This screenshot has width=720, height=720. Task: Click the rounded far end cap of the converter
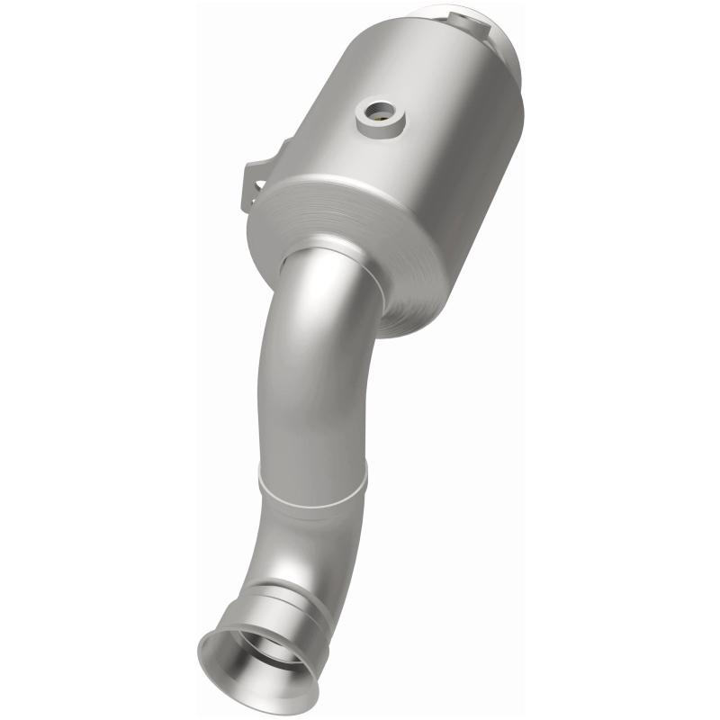coord(504,45)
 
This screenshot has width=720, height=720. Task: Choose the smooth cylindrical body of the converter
coord(423,135)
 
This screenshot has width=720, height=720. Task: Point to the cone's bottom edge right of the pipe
coord(423,315)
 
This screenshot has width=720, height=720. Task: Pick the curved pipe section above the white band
coord(315,378)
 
